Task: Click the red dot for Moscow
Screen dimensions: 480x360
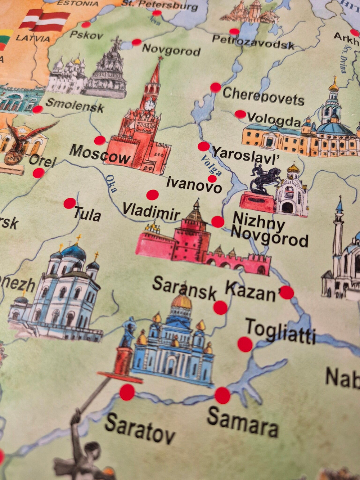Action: [100, 140]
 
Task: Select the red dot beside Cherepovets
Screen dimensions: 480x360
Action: [216, 87]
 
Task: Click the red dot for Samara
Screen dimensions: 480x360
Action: [222, 395]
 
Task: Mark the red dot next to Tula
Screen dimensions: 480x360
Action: [70, 203]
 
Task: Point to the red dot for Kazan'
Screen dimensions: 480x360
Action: [287, 292]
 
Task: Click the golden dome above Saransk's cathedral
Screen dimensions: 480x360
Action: [181, 302]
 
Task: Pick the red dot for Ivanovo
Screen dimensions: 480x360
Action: [212, 179]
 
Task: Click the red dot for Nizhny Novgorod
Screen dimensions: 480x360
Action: [217, 221]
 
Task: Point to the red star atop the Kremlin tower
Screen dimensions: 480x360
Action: [160, 58]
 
